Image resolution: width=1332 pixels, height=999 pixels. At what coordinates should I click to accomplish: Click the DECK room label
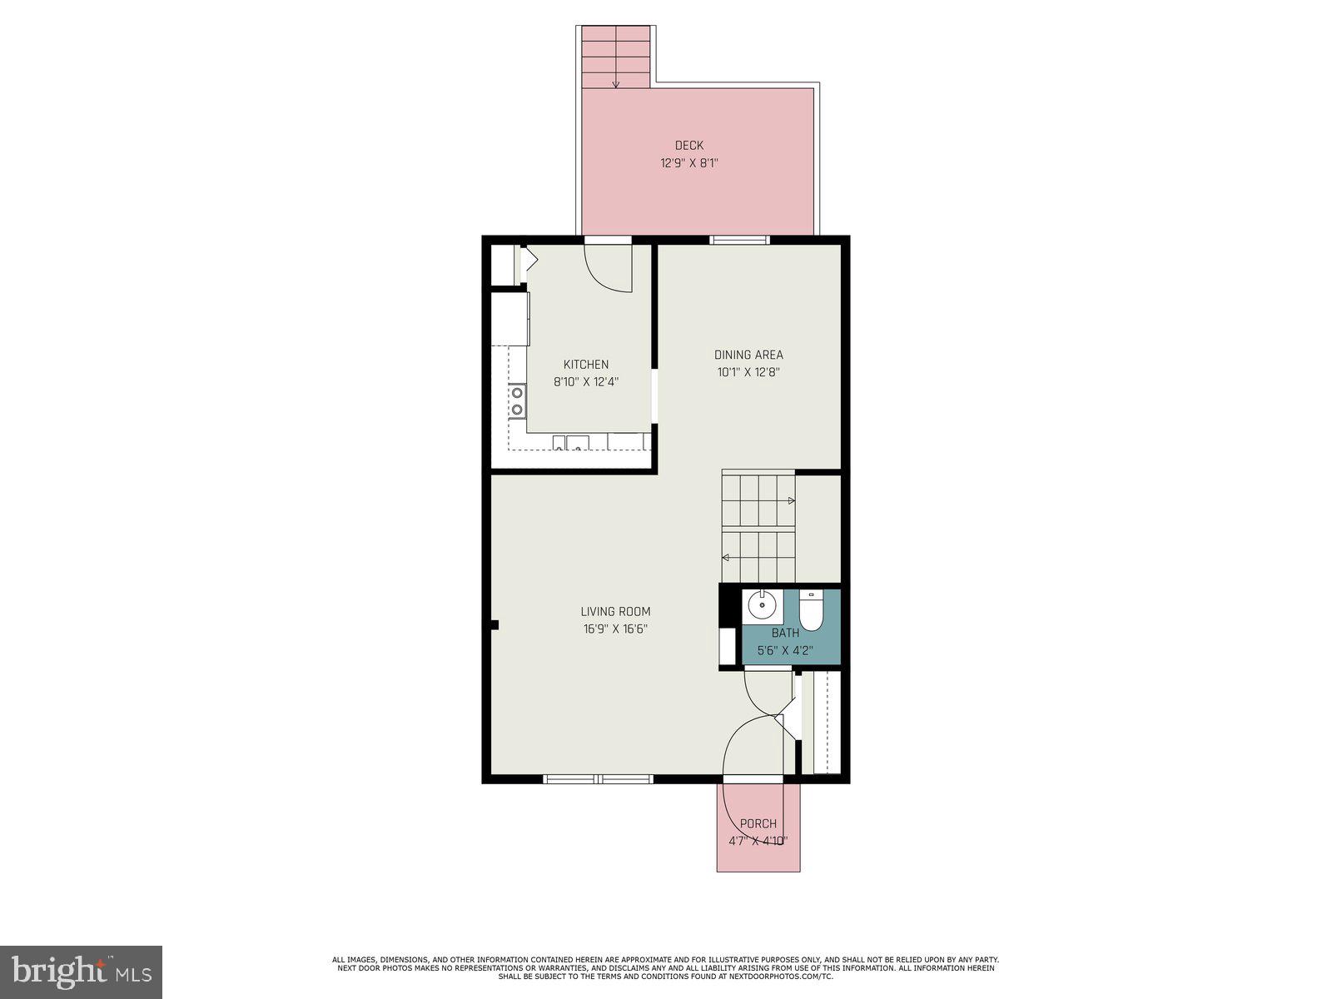coord(688,146)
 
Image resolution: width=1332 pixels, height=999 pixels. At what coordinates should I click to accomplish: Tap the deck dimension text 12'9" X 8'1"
coord(688,164)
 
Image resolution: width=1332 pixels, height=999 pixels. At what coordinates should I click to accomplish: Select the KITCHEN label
coord(586,365)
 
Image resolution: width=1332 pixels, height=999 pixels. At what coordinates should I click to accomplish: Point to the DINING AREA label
coord(748,355)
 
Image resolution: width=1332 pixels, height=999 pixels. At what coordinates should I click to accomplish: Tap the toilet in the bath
coord(810,610)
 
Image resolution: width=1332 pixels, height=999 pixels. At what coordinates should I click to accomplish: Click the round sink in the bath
coord(761,605)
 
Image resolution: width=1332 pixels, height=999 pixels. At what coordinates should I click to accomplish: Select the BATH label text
coord(784,633)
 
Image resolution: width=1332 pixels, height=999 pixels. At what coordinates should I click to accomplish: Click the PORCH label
coord(758,823)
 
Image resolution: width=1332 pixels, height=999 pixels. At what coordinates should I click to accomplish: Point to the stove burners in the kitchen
coord(517,400)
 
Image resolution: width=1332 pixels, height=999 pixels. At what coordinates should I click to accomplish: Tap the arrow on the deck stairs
coord(615,82)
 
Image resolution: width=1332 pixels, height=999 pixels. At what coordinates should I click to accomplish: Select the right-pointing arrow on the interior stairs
coord(791,500)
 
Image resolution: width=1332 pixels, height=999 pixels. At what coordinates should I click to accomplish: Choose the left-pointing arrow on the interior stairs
coord(726,557)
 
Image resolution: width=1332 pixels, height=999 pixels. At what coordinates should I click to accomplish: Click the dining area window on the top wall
coord(739,241)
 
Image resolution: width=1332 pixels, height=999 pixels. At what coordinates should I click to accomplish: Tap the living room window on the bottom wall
coord(598,779)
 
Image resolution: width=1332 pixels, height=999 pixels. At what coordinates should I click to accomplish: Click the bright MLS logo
coord(81,972)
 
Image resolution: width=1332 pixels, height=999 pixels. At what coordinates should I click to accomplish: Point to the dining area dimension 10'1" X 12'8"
coord(748,373)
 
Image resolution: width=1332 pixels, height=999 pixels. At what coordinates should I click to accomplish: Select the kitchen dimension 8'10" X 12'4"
coord(586,382)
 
